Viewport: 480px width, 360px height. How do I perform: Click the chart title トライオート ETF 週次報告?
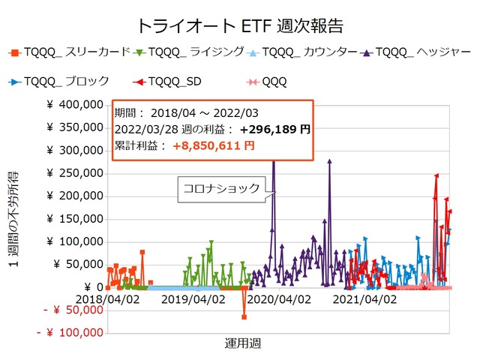240,25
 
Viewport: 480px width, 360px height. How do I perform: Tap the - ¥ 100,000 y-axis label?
70,333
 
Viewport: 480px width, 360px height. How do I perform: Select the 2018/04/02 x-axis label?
108,299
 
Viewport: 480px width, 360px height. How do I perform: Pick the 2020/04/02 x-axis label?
279,299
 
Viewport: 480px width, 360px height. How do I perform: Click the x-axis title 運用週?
243,343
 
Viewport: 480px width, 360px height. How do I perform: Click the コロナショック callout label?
219,188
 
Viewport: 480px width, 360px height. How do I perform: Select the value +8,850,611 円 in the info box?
213,145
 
